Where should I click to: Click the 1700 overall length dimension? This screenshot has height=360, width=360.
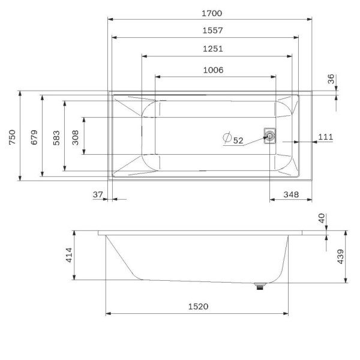click(209, 13)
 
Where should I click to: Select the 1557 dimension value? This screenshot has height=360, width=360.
click(209, 30)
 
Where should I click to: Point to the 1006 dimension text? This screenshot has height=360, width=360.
click(213, 70)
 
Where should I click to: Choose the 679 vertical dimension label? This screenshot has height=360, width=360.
click(34, 137)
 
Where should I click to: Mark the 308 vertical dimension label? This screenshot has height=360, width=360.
click(76, 137)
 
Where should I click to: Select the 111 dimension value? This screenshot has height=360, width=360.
click(325, 137)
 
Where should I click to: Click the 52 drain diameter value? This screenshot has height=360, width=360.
click(238, 140)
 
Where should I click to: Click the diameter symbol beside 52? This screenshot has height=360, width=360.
click(227, 138)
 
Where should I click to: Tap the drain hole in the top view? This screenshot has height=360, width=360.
click(269, 136)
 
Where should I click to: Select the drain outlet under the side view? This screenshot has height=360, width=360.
click(260, 287)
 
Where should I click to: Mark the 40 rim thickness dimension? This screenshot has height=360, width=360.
click(322, 219)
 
